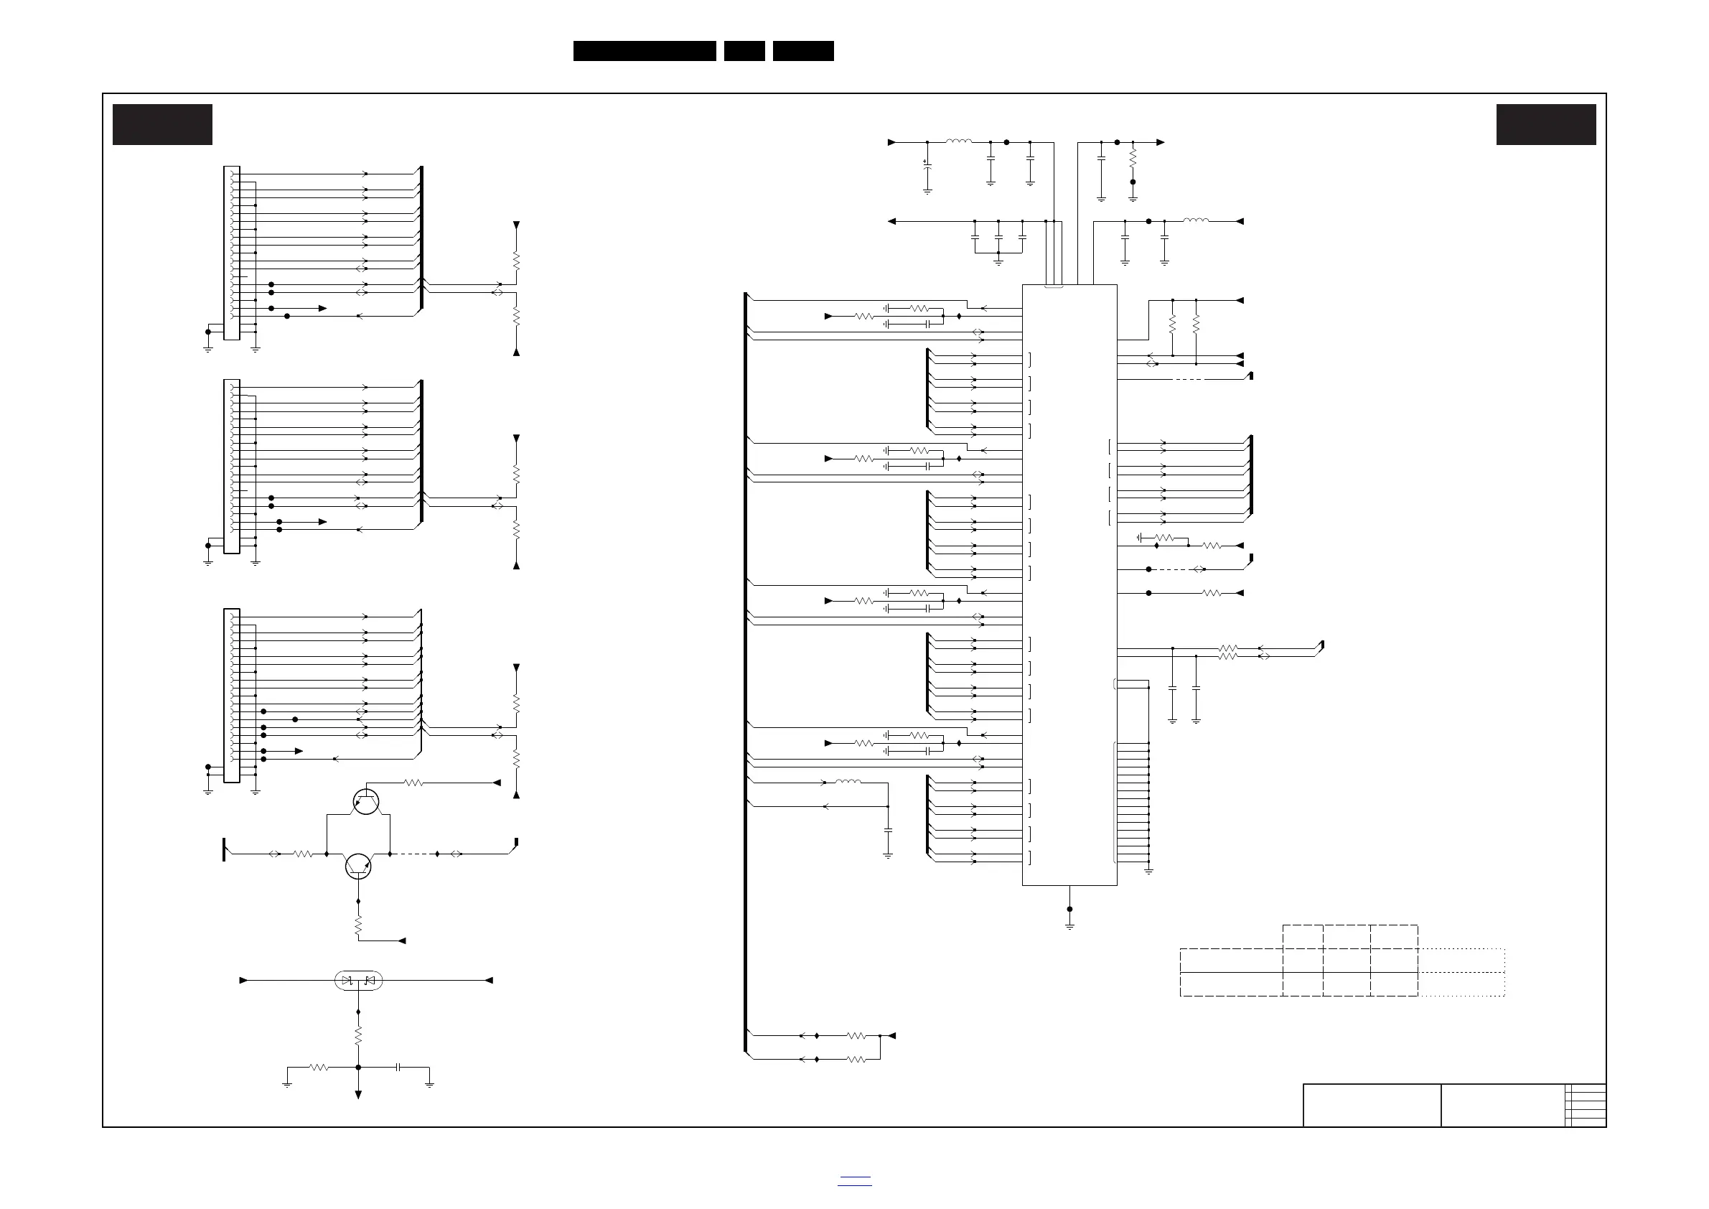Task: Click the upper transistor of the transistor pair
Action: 365,802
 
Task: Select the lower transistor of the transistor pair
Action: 358,867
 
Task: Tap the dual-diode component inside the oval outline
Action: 359,981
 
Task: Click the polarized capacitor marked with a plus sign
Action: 927,166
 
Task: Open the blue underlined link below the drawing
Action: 854,1181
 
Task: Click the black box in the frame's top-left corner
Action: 162,124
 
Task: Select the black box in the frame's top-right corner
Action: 1546,124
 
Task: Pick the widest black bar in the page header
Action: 645,51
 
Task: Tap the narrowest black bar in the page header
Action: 744,51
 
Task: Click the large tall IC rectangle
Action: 1069,584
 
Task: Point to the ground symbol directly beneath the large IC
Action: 1069,925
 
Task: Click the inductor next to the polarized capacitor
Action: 959,141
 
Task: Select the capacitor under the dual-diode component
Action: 399,1067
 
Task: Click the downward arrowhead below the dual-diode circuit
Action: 358,1095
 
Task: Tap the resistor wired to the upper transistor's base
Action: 414,783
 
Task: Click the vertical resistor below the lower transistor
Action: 358,925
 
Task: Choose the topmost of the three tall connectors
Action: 232,253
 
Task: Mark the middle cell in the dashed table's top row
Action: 1347,936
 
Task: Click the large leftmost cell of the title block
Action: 1371,1105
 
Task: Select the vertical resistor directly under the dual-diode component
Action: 358,1035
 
